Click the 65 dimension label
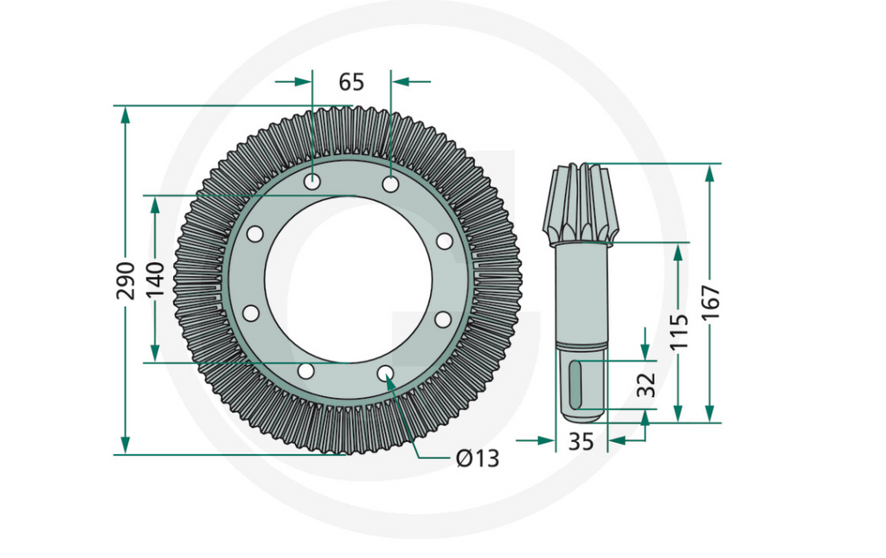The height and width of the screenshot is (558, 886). tap(351, 82)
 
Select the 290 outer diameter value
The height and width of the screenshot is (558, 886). tap(126, 279)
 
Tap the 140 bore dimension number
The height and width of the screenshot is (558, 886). tap(156, 279)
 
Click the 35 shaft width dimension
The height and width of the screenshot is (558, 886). tap(581, 441)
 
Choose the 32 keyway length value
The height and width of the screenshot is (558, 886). tap(645, 384)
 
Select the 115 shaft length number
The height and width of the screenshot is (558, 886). tap(679, 331)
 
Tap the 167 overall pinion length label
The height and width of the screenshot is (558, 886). tap(710, 302)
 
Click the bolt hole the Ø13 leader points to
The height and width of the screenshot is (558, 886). tap(386, 373)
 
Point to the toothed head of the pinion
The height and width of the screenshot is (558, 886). tap(581, 204)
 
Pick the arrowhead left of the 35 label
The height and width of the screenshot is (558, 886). tap(546, 440)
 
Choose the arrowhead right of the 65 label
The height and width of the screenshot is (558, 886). tap(401, 81)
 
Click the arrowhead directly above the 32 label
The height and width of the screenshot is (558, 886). tap(645, 350)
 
